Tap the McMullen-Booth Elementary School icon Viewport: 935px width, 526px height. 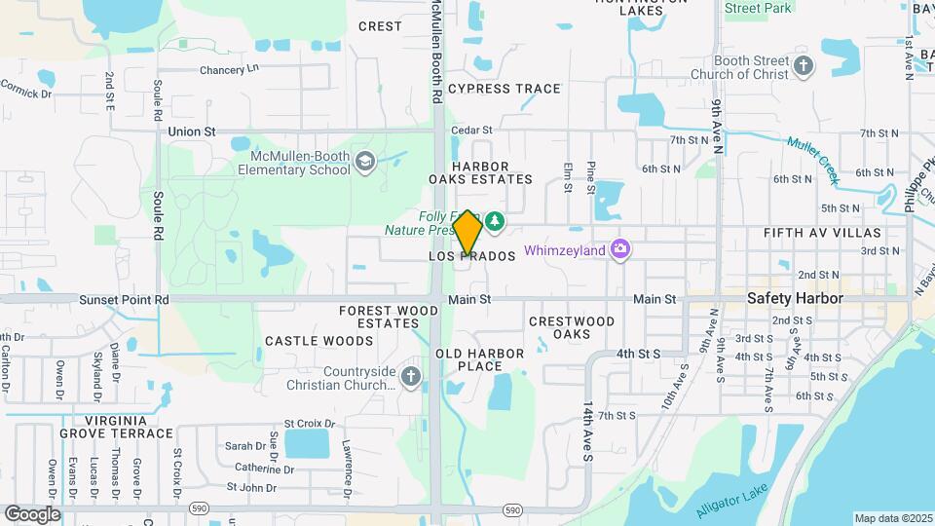(365, 161)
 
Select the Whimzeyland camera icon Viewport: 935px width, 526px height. (619, 250)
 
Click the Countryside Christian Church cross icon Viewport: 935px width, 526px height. (410, 377)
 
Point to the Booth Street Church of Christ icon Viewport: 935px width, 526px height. (803, 66)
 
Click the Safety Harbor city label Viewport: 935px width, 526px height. (795, 299)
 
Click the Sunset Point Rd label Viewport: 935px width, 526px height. (124, 299)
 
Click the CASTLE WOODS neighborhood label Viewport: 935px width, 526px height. (319, 341)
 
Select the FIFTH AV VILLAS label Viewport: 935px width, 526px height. (822, 234)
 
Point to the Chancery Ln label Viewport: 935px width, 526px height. (230, 70)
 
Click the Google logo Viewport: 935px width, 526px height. (32, 513)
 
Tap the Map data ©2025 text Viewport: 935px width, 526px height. (891, 518)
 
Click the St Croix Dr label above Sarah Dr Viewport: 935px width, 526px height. (309, 425)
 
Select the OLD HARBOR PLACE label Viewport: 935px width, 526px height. (480, 359)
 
